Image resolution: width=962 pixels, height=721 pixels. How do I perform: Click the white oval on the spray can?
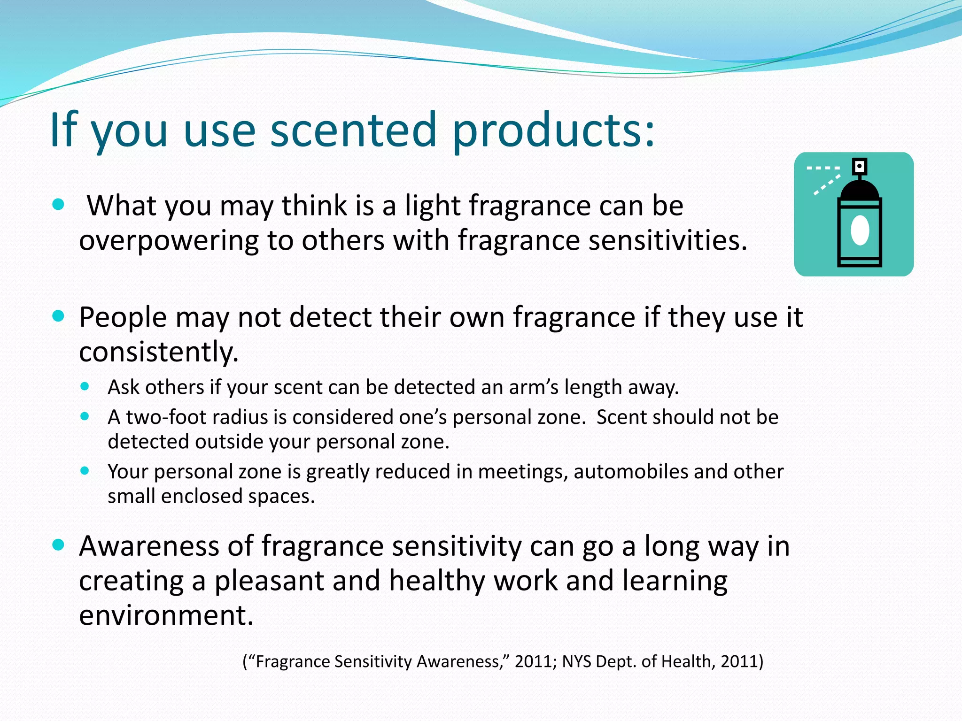860,230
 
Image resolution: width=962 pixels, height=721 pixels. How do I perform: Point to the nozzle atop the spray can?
860,166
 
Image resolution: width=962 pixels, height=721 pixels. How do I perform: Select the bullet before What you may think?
58,205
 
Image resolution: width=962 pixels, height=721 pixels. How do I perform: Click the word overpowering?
169,241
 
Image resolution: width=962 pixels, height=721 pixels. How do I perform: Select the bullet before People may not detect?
58,316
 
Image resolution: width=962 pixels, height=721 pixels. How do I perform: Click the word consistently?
159,352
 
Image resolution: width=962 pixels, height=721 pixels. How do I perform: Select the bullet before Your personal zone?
85,470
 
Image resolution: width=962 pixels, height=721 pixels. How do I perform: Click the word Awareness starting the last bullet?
149,546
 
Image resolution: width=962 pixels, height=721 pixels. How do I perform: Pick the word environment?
166,615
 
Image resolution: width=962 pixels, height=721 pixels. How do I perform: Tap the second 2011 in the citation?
739,661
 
